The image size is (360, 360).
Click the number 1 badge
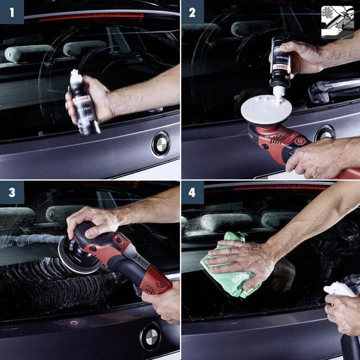point(11,11)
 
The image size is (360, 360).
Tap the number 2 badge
point(192,11)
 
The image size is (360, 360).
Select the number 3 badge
point(11,192)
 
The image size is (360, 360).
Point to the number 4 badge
point(192,192)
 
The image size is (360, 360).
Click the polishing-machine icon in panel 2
point(337,21)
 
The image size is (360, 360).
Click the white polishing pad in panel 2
point(266,109)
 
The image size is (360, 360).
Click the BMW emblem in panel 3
point(150,337)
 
